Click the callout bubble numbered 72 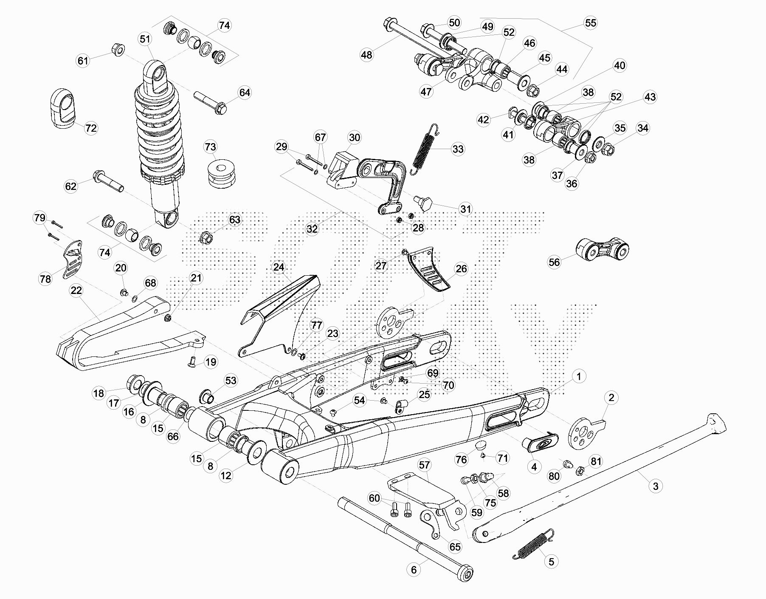[x=91, y=128]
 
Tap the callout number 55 [x=591, y=23]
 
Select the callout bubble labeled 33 [x=458, y=149]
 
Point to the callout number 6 [x=414, y=570]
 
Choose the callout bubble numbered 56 [x=554, y=262]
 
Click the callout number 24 [x=279, y=267]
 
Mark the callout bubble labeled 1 [x=578, y=376]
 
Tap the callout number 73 [x=210, y=147]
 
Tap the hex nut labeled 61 [x=118, y=51]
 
